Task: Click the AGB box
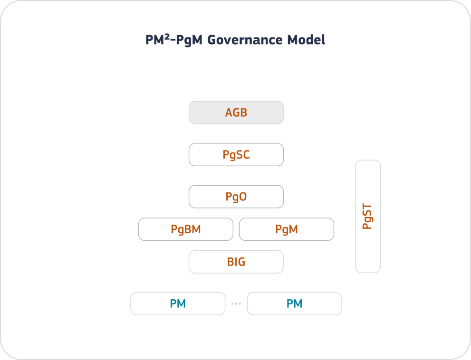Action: click(x=236, y=113)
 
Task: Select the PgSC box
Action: click(x=236, y=154)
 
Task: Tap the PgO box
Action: click(x=236, y=197)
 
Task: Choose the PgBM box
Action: click(x=186, y=229)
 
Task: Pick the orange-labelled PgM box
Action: click(x=287, y=229)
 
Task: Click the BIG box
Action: click(x=236, y=262)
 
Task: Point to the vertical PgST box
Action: click(x=368, y=217)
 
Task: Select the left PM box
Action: click(x=178, y=303)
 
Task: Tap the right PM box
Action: click(x=294, y=303)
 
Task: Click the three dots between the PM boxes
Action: click(x=236, y=304)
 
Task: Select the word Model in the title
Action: click(x=307, y=40)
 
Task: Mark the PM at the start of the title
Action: click(x=155, y=40)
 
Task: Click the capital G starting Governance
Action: click(x=212, y=40)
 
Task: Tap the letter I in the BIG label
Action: click(x=236, y=262)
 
